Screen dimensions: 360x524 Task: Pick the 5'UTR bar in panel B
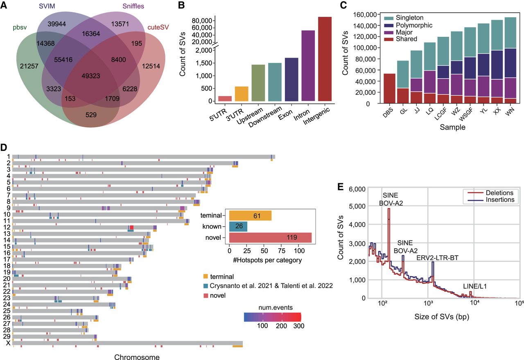tap(225, 99)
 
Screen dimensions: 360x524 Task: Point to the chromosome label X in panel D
tap(8, 343)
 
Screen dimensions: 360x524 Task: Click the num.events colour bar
tap(272, 317)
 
